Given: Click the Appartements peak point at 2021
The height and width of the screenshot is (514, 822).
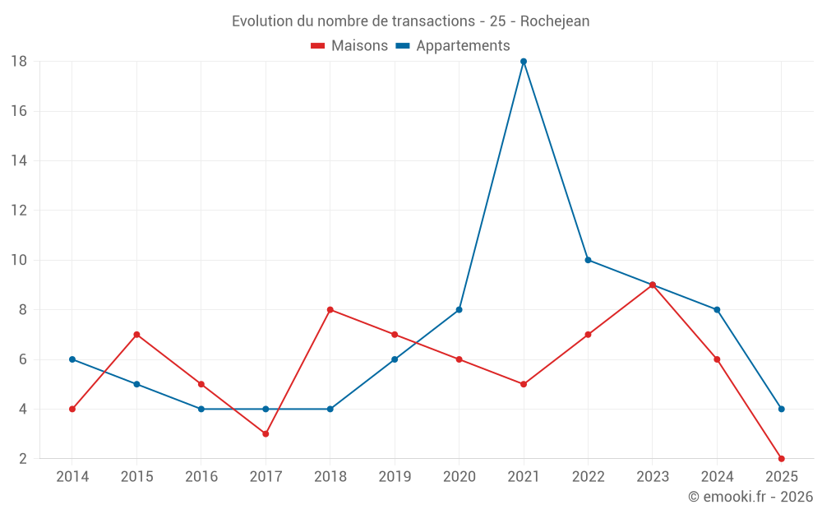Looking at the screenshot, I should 524,62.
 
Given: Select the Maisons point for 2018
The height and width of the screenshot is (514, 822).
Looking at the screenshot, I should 330,310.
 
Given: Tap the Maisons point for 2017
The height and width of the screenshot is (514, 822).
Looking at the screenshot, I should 266,433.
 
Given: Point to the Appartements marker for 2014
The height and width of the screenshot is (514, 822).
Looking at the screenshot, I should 72,359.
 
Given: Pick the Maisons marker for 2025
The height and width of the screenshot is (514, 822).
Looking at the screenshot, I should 782,459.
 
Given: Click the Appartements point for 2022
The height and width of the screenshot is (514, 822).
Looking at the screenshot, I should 588,260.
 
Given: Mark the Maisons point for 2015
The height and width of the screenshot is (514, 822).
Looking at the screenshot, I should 136,335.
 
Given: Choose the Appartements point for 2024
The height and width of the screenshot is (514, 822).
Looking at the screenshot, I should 717,310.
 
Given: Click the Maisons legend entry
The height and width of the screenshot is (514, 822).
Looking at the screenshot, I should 349,46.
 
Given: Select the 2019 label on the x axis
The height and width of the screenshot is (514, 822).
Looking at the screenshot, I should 395,477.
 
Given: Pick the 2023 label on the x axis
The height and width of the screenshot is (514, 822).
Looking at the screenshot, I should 653,477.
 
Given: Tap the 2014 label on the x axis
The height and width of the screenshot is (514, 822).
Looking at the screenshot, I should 72,477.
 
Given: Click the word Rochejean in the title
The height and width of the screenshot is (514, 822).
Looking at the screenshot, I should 555,21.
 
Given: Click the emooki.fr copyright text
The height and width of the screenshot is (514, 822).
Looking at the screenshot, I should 750,497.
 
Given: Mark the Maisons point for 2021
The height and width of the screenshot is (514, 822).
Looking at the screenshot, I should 524,384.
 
